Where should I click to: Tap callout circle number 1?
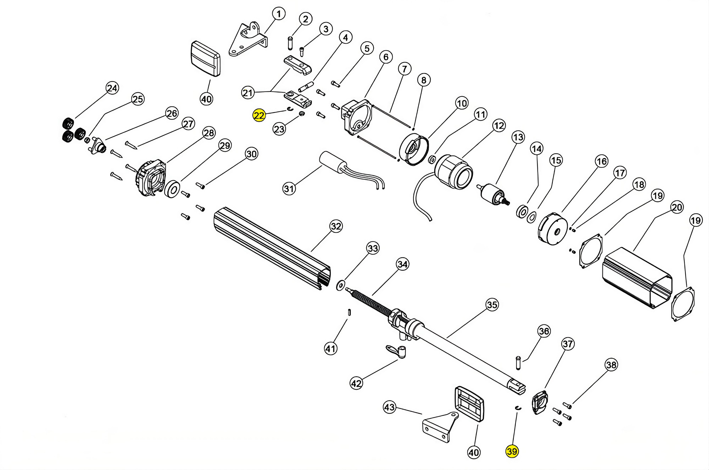(x=279, y=14)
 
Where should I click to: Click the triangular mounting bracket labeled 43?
(x=440, y=426)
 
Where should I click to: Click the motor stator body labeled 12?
(x=453, y=172)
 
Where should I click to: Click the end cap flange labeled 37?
(x=540, y=402)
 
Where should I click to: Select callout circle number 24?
(x=112, y=88)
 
